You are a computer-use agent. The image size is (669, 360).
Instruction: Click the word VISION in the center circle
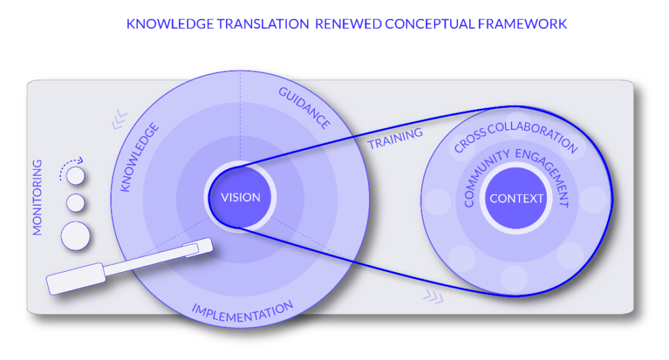point(240,197)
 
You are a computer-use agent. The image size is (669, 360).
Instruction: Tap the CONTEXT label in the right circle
point(516,198)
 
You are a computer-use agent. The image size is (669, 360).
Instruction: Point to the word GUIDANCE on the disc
point(304,107)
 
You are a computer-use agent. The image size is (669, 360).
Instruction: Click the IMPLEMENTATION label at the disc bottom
point(242,312)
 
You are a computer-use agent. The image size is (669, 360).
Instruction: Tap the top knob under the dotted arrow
point(76,175)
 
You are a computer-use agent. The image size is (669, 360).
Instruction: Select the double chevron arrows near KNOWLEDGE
point(119,122)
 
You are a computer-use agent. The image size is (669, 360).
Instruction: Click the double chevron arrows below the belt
point(432,297)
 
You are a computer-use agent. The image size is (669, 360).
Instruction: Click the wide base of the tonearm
point(75,278)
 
